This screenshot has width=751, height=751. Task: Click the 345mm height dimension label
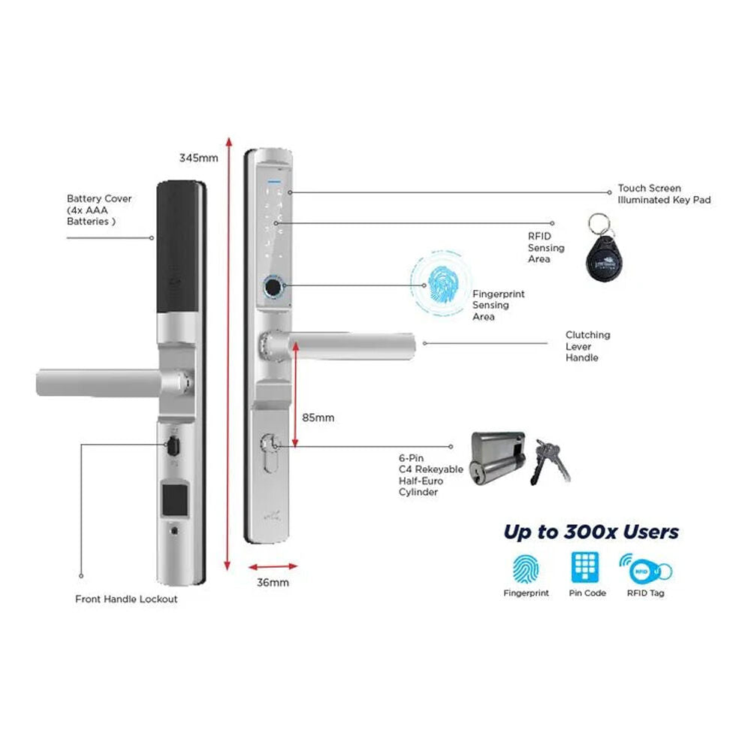(198, 158)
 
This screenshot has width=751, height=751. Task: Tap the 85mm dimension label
(318, 417)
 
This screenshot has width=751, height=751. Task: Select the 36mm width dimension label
(273, 582)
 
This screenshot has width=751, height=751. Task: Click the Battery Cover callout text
(99, 210)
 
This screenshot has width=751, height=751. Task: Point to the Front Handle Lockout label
(126, 599)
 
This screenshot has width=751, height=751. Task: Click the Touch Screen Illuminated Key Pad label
(664, 195)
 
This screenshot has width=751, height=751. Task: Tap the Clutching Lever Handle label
(587, 346)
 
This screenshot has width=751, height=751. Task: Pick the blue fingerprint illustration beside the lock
(442, 286)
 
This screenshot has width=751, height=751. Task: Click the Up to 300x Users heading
(591, 532)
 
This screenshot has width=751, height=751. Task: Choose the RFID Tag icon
(645, 569)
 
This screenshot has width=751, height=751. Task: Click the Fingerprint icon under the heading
(526, 569)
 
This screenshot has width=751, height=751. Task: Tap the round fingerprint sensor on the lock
(271, 287)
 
